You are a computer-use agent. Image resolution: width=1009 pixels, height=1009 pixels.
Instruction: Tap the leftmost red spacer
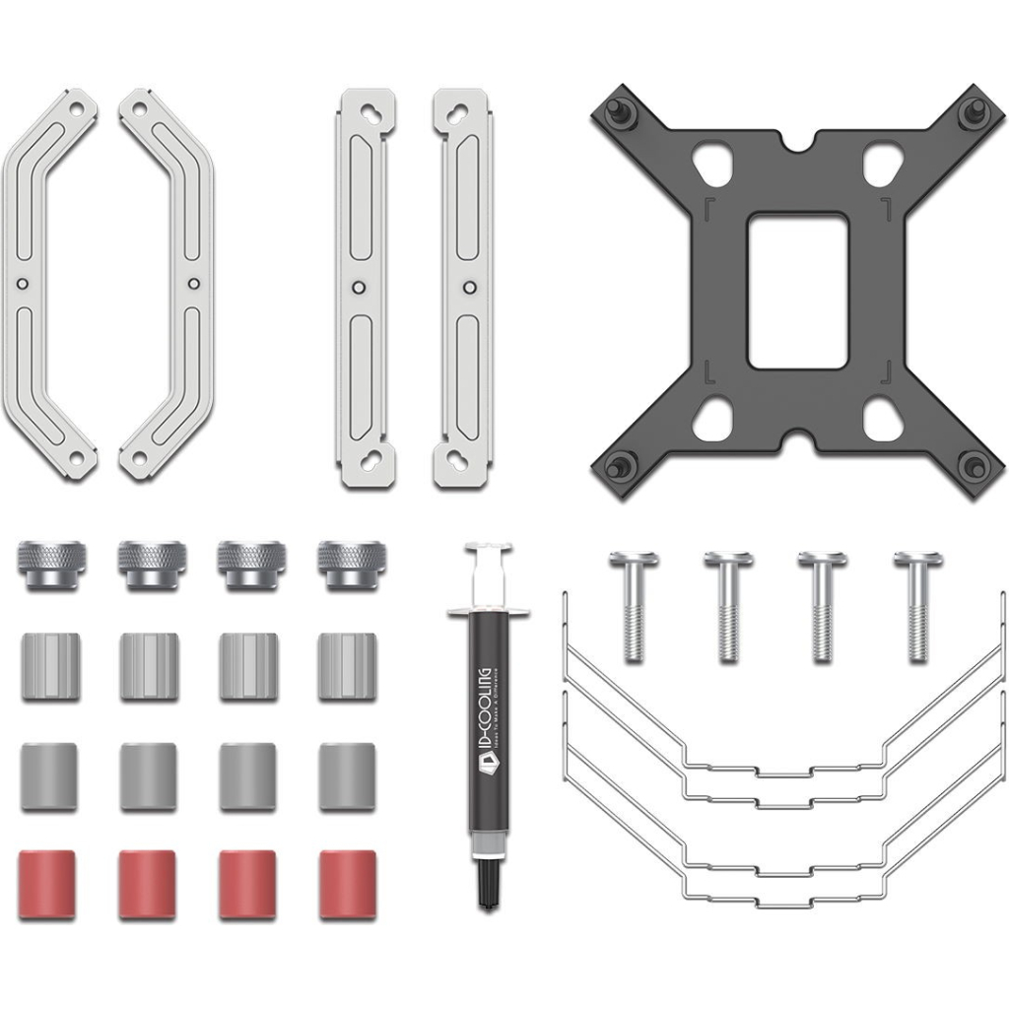click(48, 871)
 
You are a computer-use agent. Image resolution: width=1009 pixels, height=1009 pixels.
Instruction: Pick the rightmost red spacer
click(347, 871)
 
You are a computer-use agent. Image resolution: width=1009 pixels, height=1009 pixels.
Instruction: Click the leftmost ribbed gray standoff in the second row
click(48, 665)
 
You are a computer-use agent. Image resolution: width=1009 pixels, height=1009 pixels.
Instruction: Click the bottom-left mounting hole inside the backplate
click(711, 422)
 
